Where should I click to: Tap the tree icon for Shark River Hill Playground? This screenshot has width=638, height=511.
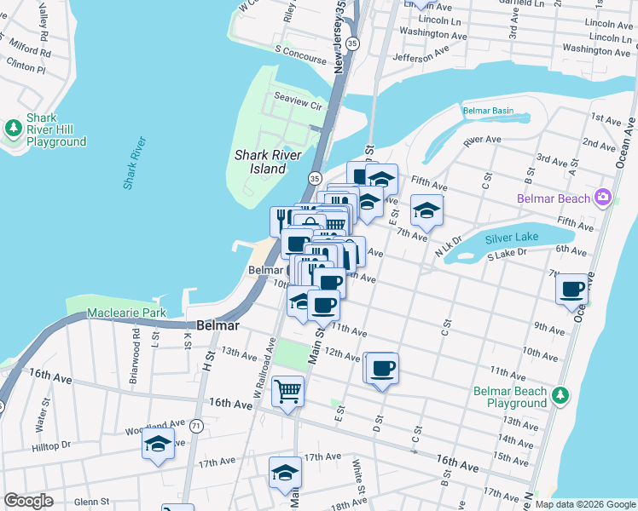[x=13, y=129]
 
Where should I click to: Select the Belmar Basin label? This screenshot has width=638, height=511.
[x=488, y=111]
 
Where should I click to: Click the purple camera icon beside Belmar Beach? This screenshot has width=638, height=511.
[x=603, y=198]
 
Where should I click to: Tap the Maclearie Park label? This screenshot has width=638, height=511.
[x=126, y=313]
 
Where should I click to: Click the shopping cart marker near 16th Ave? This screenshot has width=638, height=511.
[x=288, y=392]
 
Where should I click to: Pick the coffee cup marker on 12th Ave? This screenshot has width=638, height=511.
[x=383, y=368]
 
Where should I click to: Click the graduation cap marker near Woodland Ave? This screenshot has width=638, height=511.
[x=158, y=443]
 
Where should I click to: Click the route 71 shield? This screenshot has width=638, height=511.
[x=196, y=425]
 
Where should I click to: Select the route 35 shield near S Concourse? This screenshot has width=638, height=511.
[x=353, y=65]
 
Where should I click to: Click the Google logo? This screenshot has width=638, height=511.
[x=29, y=501]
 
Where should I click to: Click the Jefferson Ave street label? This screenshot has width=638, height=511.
[x=420, y=55]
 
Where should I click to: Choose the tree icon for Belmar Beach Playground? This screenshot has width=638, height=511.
[x=560, y=393]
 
